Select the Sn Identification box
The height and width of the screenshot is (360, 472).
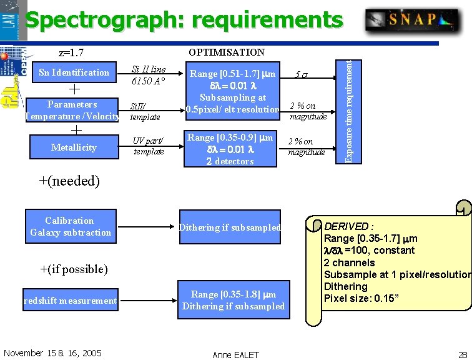pyautogui.click(x=74, y=72)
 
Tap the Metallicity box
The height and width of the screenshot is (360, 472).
pyautogui.click(x=74, y=147)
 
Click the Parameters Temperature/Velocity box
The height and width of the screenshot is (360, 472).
pyautogui.click(x=72, y=110)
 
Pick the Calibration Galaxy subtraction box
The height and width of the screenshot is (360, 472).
pyautogui.click(x=70, y=226)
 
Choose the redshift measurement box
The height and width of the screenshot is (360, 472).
pyautogui.click(x=70, y=301)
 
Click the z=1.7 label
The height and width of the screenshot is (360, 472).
pyautogui.click(x=71, y=53)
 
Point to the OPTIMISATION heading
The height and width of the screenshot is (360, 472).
pyautogui.click(x=227, y=52)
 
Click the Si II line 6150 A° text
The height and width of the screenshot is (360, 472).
pyautogui.click(x=148, y=75)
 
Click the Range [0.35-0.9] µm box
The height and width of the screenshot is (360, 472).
pyautogui.click(x=230, y=149)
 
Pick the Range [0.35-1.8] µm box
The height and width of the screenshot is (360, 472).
pyautogui.click(x=234, y=300)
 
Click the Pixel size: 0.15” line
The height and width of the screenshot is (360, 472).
pyautogui.click(x=361, y=298)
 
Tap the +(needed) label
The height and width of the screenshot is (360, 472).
pyautogui.click(x=69, y=182)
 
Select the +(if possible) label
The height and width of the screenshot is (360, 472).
pyautogui.click(x=74, y=269)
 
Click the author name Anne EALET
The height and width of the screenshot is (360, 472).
pyautogui.click(x=235, y=354)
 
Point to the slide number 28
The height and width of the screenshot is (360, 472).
pyautogui.click(x=462, y=354)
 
